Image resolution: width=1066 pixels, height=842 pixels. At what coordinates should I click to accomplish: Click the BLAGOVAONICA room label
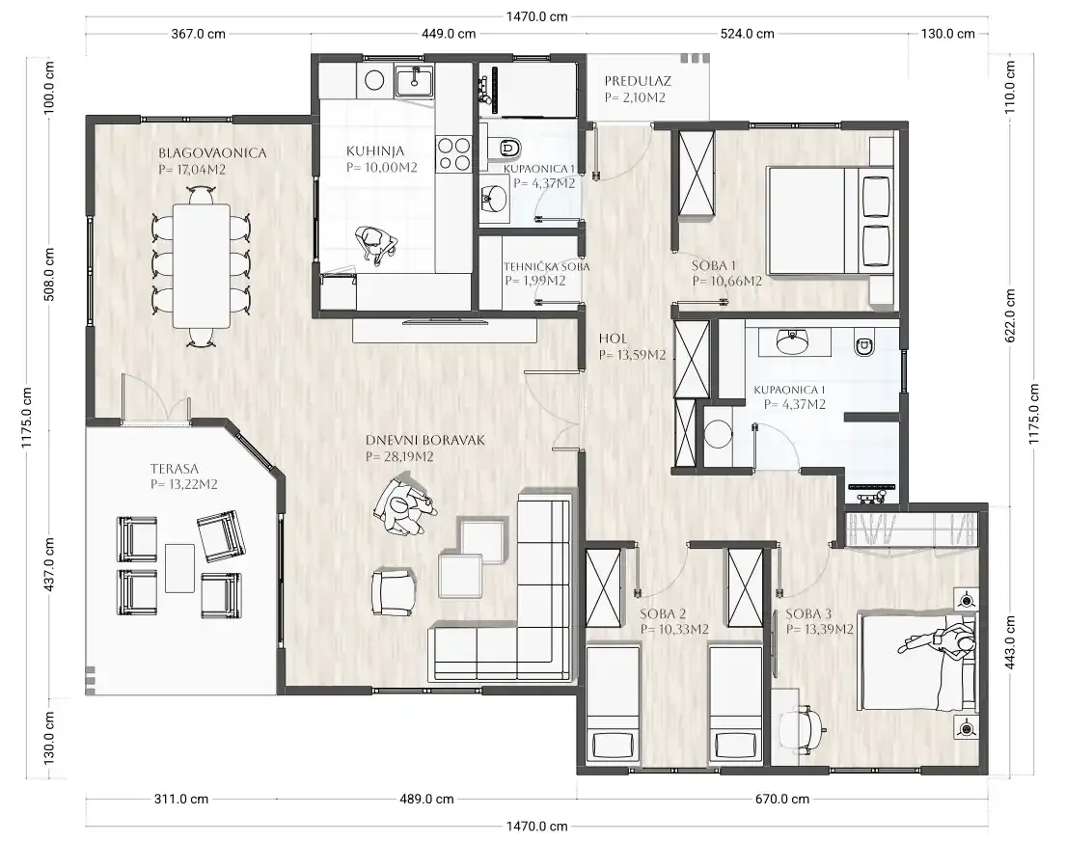(212, 153)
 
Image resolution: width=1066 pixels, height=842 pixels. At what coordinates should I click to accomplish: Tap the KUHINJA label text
(375, 150)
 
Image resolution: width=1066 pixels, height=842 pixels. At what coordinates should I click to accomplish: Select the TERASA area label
(175, 468)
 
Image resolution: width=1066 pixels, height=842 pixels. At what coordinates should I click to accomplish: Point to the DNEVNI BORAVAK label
(425, 440)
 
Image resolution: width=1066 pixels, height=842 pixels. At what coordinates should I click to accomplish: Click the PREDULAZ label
(638, 81)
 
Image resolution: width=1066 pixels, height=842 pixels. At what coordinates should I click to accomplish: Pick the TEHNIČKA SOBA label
(547, 267)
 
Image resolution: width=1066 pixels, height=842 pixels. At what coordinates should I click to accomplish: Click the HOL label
(614, 339)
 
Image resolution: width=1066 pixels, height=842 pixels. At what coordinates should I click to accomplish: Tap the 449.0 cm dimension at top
(448, 34)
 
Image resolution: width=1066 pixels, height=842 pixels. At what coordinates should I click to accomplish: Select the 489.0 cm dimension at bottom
(426, 800)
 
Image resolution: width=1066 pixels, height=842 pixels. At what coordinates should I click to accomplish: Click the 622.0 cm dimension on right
(1010, 315)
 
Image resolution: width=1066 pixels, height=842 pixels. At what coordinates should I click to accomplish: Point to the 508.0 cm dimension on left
(49, 274)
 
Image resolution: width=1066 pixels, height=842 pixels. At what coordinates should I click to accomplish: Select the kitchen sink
(413, 81)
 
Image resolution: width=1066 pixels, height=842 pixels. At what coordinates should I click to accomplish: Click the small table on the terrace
(180, 568)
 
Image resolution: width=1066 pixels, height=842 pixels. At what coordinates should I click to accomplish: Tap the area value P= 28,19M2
(399, 456)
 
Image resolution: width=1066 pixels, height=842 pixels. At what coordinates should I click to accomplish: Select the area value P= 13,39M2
(820, 629)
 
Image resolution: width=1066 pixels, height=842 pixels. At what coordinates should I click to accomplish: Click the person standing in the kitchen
(376, 243)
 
